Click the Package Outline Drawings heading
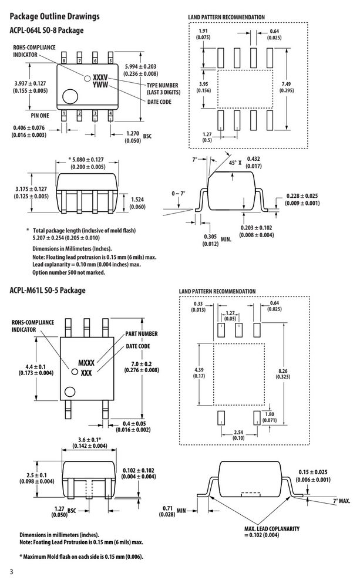click(x=54, y=16)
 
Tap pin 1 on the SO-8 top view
click(x=64, y=114)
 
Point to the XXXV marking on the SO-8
click(x=100, y=77)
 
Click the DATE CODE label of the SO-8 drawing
click(x=159, y=102)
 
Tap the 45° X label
click(x=235, y=163)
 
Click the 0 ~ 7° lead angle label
click(x=179, y=194)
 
